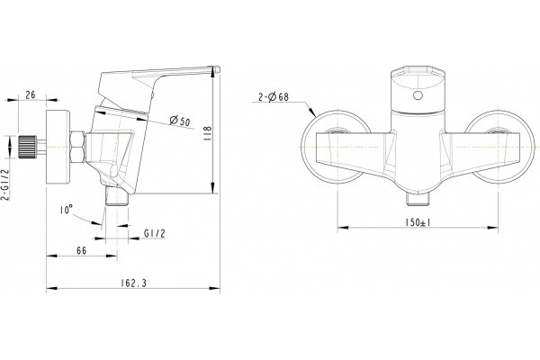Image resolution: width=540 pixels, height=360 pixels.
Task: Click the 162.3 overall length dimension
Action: click(133, 283)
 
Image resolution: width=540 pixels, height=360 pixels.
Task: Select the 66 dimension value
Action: click(82, 251)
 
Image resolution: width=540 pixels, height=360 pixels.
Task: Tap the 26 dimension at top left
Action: click(31, 94)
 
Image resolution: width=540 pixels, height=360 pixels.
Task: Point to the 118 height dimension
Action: click(208, 132)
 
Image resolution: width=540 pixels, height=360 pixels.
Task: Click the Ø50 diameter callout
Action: click(180, 121)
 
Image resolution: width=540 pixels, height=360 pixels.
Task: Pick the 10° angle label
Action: click(66, 210)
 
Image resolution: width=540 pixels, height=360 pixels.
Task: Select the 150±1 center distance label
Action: click(418, 222)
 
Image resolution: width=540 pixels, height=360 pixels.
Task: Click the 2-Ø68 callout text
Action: click(274, 97)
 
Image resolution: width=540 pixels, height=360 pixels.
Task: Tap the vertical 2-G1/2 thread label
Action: click(5, 184)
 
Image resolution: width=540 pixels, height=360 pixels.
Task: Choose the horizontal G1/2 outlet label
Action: click(154, 234)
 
